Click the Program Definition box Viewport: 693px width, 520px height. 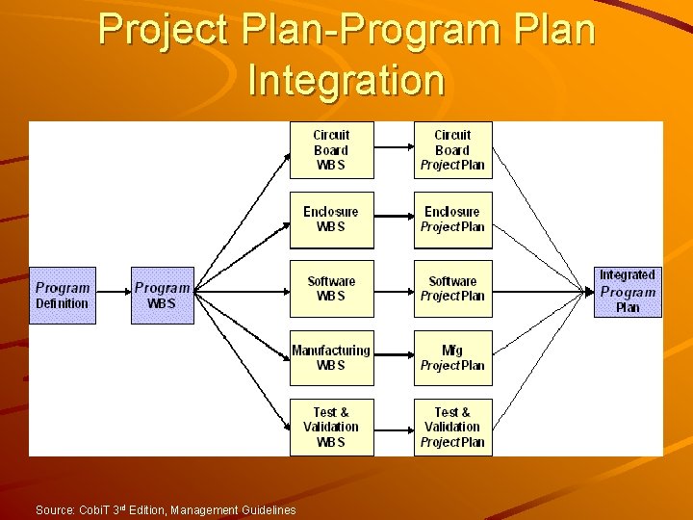tap(63, 296)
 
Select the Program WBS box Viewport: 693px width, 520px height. tap(162, 296)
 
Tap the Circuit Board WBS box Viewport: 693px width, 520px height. tap(330, 150)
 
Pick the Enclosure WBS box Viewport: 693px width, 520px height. tap(330, 220)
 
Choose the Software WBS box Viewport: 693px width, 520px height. tap(330, 289)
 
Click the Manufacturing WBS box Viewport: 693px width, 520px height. tap(330, 358)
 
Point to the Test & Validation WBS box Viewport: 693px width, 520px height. tap(330, 427)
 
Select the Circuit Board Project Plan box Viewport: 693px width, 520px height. tap(452, 150)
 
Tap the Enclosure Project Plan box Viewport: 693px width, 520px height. tap(452, 220)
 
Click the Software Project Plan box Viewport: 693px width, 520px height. tap(452, 289)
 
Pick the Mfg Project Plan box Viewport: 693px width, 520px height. tap(452, 358)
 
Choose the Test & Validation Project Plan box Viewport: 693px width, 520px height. tap(452, 427)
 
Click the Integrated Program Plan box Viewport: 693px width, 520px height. tap(627, 292)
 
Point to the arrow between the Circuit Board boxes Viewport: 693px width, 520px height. tap(392, 147)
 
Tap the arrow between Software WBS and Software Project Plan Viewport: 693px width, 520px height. tap(392, 287)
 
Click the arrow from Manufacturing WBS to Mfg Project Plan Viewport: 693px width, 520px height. tap(392, 356)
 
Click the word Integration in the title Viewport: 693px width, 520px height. tap(346, 80)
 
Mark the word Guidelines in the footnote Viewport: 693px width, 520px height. tap(267, 509)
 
